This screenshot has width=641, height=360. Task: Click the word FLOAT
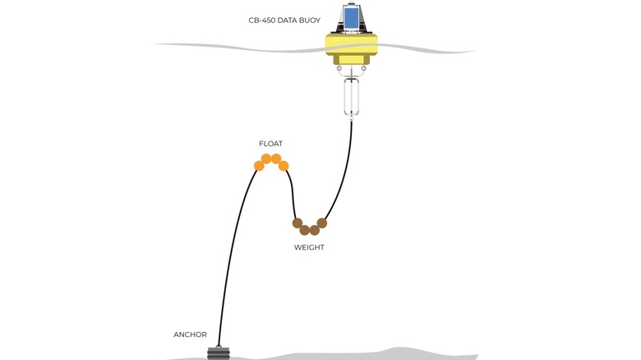click(x=270, y=144)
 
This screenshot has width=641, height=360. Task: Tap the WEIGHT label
click(x=309, y=247)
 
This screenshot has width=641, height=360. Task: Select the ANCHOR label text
click(x=190, y=335)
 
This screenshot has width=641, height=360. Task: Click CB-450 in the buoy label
click(x=262, y=20)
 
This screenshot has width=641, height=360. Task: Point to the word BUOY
click(x=310, y=20)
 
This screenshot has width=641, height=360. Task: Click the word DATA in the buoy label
click(x=287, y=20)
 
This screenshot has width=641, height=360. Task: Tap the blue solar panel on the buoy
click(x=351, y=18)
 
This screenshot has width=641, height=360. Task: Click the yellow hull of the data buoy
click(x=352, y=45)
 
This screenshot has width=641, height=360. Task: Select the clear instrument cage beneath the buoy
click(x=351, y=97)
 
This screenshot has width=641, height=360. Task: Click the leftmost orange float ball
click(x=259, y=166)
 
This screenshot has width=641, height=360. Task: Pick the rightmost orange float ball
click(x=284, y=166)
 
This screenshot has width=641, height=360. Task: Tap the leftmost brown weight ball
click(x=297, y=223)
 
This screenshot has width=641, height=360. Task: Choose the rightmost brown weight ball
click(x=322, y=223)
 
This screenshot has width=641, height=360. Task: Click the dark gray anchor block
click(x=219, y=353)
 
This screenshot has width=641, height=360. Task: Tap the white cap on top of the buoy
click(x=351, y=4)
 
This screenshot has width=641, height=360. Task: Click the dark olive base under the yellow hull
click(x=352, y=60)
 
